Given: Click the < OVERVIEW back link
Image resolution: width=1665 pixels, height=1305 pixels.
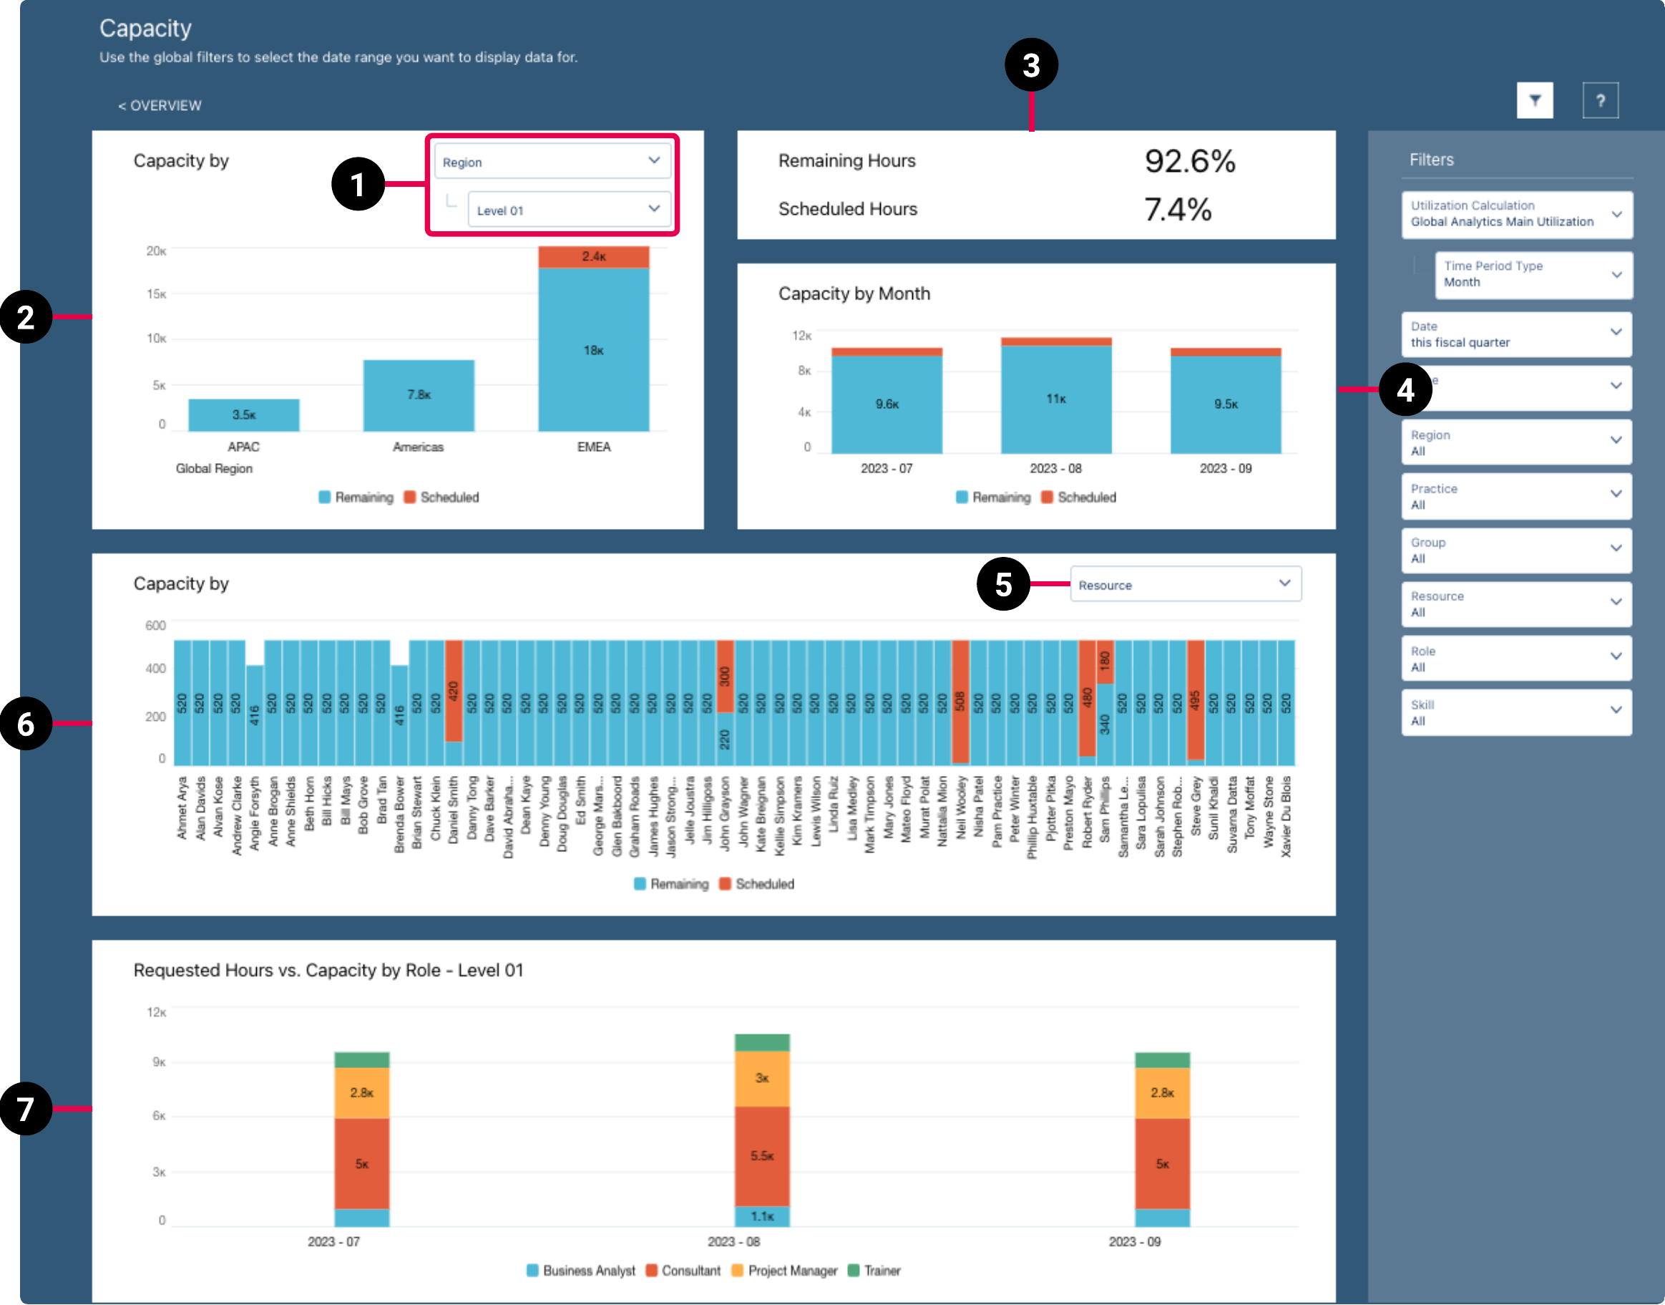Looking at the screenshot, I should pyautogui.click(x=160, y=105).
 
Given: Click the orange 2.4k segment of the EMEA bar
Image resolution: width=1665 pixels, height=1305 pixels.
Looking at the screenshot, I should pyautogui.click(x=593, y=257).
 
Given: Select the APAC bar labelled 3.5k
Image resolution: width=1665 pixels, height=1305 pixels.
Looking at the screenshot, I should pyautogui.click(x=244, y=415).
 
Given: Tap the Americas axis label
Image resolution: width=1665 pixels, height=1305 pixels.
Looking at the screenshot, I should pyautogui.click(x=418, y=447).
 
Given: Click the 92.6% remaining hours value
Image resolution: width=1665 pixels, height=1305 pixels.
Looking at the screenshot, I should pyautogui.click(x=1189, y=161).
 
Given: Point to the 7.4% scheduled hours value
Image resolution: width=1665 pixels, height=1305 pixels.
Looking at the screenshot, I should pyautogui.click(x=1177, y=209).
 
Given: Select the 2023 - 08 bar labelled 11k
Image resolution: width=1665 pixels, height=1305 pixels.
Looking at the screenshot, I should pyautogui.click(x=1055, y=399).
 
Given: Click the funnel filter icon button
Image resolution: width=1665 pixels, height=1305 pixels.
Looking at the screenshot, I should pyautogui.click(x=1534, y=101).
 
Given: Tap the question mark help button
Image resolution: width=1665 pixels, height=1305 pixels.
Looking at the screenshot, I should pyautogui.click(x=1600, y=101).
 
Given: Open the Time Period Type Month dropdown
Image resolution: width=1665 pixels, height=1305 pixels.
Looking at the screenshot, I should pyautogui.click(x=1533, y=274).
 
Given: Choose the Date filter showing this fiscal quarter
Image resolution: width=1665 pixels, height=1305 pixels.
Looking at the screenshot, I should pyautogui.click(x=1516, y=334).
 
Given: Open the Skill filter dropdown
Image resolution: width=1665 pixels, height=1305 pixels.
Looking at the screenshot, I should pyautogui.click(x=1516, y=713).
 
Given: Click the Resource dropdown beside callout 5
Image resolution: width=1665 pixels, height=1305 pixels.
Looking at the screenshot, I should pyautogui.click(x=1185, y=585).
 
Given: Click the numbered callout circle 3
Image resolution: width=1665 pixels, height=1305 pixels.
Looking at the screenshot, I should pyautogui.click(x=1031, y=65).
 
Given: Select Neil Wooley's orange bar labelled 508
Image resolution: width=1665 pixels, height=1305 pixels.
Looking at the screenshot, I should pyautogui.click(x=960, y=702).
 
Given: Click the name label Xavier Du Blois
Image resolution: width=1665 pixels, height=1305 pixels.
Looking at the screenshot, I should pyautogui.click(x=1286, y=816).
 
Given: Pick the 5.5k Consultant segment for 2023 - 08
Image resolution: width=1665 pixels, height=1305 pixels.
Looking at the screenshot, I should pyautogui.click(x=761, y=1155).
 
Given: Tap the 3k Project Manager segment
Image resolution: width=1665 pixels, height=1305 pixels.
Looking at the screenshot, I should pyautogui.click(x=761, y=1078).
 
